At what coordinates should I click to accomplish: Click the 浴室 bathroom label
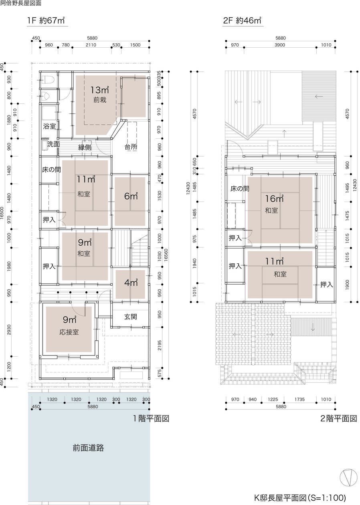click(x=49, y=126)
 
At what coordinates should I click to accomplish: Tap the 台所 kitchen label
click(x=131, y=147)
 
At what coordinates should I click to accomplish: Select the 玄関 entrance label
click(x=130, y=317)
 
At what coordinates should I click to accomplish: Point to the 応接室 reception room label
click(x=69, y=332)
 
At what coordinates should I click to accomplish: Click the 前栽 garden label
click(x=100, y=100)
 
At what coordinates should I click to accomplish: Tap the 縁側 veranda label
click(x=85, y=147)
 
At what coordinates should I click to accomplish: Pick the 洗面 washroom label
click(x=53, y=144)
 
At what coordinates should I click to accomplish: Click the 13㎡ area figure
click(x=99, y=90)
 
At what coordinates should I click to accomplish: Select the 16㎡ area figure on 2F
click(x=274, y=199)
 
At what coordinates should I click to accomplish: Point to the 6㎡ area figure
click(x=131, y=196)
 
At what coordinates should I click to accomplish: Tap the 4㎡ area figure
click(x=131, y=283)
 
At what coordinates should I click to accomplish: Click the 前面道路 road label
click(x=88, y=448)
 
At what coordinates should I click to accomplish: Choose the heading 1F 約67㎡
click(x=46, y=20)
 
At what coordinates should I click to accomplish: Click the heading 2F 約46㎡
click(x=242, y=20)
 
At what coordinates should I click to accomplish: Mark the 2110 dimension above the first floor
click(x=91, y=45)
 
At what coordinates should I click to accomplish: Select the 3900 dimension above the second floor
click(x=280, y=45)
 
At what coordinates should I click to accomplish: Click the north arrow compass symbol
click(x=348, y=477)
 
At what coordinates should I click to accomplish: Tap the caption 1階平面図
click(x=151, y=418)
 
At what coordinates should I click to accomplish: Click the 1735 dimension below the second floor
click(x=299, y=399)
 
